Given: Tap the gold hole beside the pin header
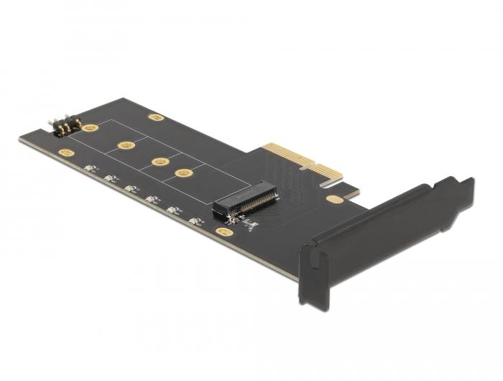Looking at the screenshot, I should (x=91, y=128).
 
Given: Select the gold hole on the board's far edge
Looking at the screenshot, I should (x=155, y=117).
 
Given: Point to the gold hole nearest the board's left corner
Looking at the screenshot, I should (x=66, y=153).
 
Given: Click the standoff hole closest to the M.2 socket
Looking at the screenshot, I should (x=185, y=173).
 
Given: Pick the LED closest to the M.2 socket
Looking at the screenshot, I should (x=193, y=221).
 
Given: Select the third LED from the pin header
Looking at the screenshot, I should (x=131, y=189).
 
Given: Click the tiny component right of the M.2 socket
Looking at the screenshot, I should (x=249, y=225).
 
